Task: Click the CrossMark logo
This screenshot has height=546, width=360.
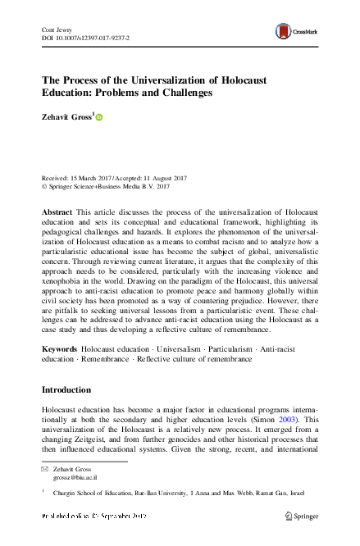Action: click(291, 31)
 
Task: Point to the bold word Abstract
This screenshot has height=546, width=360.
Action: click(57, 212)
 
